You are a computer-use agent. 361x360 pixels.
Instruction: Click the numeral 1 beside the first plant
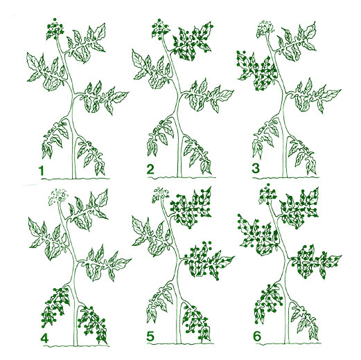42,170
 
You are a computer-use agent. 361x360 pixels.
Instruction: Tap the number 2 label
150,170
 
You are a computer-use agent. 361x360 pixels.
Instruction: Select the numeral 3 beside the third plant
256,168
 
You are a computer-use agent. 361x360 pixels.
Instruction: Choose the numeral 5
150,336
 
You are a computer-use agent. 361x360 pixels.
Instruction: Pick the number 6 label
257,336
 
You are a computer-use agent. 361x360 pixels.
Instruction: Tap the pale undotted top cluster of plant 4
58,197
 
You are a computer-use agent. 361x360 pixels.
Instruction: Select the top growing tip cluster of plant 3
265,28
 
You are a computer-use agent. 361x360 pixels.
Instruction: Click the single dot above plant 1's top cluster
55,19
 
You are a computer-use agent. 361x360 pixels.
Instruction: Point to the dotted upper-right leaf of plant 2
193,42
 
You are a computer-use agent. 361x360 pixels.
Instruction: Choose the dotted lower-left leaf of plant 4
55,307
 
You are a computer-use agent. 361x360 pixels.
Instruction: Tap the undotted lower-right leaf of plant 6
304,321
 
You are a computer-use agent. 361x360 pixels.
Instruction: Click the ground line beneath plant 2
182,177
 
